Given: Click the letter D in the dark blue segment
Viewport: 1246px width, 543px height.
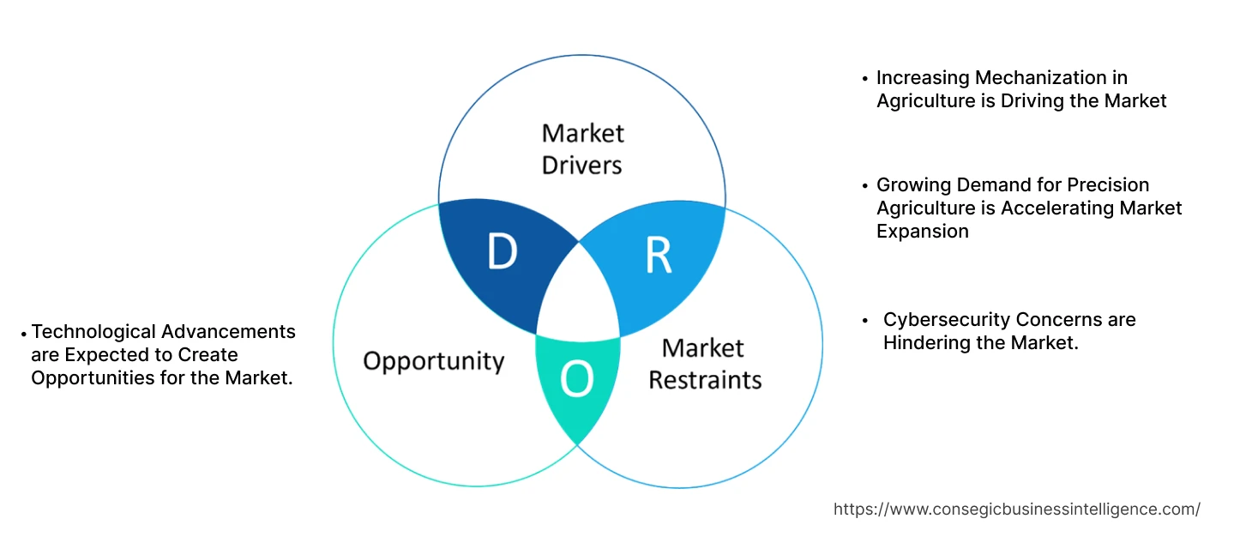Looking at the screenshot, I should coord(503,251).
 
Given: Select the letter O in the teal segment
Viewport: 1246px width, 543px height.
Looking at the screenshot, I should coord(576,380).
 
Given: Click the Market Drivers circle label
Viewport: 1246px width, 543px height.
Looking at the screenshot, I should coord(583,148).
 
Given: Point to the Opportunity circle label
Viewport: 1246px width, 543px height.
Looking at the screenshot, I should coord(433,360).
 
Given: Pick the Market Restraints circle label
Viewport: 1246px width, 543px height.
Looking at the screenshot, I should coord(704,364).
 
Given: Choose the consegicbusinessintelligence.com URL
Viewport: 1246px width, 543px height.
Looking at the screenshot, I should coord(1017,509).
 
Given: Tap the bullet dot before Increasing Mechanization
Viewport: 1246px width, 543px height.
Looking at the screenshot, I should coord(865,79).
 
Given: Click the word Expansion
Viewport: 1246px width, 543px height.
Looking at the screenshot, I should coord(923,232).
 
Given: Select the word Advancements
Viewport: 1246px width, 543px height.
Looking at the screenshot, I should coord(229,332).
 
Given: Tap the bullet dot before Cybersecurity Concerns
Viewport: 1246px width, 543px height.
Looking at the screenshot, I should coord(865,321).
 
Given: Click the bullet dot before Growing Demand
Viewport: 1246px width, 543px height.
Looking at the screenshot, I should coord(865,186).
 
